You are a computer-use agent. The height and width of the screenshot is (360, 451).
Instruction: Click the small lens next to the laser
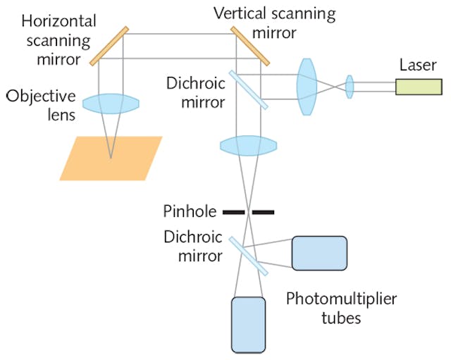[x=349, y=87]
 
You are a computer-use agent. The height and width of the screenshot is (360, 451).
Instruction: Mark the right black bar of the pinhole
[x=264, y=211]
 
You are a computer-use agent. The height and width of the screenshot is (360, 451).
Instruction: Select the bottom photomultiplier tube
[x=249, y=324]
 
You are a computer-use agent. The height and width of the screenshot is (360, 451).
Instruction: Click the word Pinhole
[x=185, y=211]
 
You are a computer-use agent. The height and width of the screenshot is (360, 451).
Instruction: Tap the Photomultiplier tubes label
[x=341, y=309]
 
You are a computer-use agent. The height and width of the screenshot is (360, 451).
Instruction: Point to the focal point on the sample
[x=111, y=157]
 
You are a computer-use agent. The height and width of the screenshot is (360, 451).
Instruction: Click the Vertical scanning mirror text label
[x=276, y=22]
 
